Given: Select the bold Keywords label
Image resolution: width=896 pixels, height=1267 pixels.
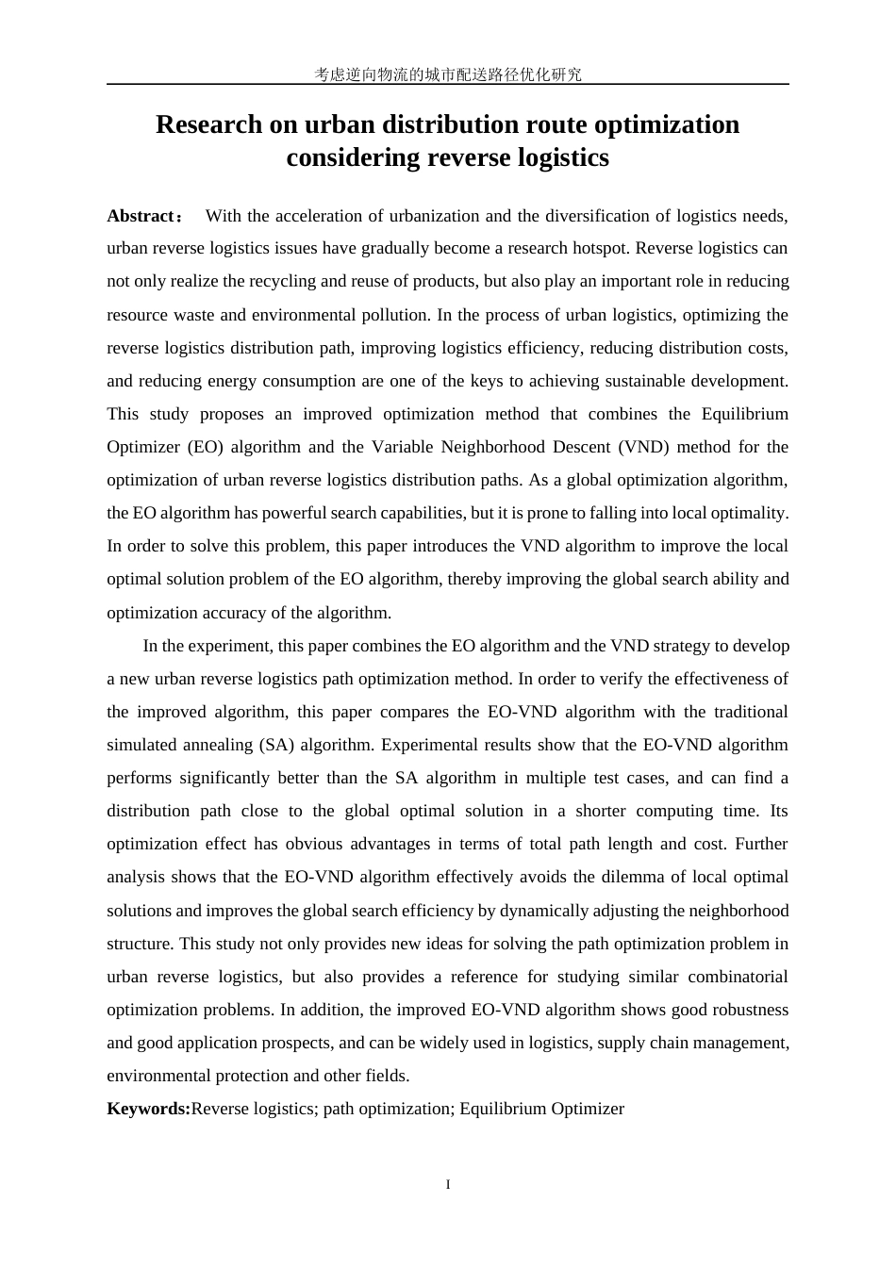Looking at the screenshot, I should point(148,1109).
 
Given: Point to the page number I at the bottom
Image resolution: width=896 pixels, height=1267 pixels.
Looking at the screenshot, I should point(448,1184).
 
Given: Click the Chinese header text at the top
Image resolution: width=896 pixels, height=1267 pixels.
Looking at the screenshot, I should point(448,74).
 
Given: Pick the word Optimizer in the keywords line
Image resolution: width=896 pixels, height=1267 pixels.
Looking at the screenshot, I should point(588,1109).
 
